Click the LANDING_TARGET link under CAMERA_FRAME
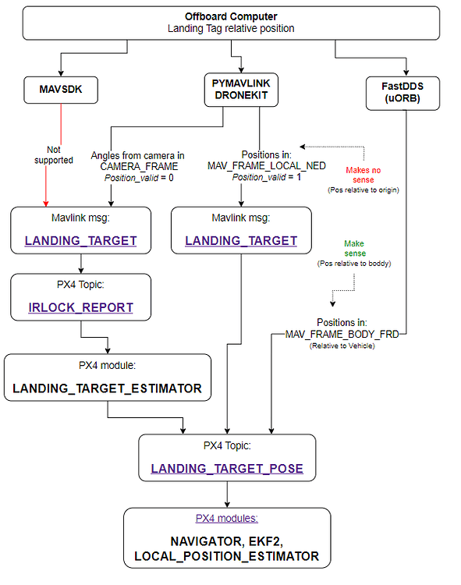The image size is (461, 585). click(x=80, y=240)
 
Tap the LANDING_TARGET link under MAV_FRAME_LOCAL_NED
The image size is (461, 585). click(x=241, y=240)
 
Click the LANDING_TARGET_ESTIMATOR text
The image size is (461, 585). click(x=107, y=388)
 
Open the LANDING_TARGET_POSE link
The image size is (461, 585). click(x=227, y=469)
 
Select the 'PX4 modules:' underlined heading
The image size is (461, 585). click(x=227, y=518)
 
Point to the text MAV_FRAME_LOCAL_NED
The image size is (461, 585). click(x=261, y=166)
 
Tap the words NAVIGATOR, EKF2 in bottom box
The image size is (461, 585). click(x=226, y=541)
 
